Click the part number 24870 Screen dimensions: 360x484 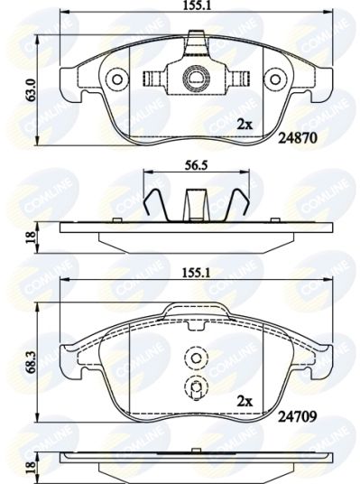tap(298, 139)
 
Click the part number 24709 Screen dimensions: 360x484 tap(298, 417)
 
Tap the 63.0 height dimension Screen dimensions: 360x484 tap(32, 89)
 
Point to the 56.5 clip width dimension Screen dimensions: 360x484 tap(196, 165)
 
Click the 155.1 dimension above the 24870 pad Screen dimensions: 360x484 tap(197, 5)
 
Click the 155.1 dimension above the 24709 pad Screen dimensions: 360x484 tap(197, 273)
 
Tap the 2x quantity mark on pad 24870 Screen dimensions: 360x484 tap(245, 125)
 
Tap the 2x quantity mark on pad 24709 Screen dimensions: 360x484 tap(245, 402)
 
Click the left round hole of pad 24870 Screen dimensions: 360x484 tap(117, 79)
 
